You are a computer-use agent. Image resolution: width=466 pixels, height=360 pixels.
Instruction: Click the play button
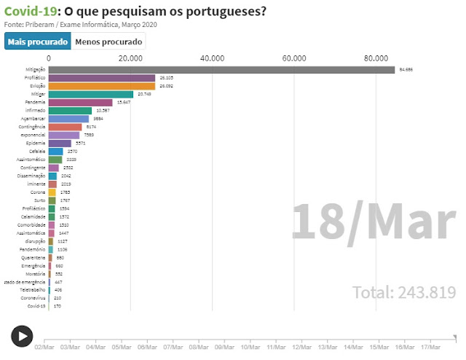point(22,336)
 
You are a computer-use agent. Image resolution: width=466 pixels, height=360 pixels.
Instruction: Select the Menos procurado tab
point(108,42)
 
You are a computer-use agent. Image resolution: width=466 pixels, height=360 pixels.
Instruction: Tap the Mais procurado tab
point(36,42)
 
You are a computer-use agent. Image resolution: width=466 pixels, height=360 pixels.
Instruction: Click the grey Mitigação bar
point(221,70)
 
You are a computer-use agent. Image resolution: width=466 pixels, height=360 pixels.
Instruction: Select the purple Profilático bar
point(102,78)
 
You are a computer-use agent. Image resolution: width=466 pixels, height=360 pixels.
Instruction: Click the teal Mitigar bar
point(91,94)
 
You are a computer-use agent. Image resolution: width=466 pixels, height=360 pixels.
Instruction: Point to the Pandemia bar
point(81,103)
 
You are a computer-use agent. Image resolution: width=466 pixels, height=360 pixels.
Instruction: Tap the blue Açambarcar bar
point(68,118)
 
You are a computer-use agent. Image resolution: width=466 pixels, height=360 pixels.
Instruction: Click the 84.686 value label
point(406,70)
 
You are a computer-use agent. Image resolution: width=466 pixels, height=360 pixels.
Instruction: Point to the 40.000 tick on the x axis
point(212,58)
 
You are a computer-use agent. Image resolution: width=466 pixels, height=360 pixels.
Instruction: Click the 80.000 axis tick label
point(376,58)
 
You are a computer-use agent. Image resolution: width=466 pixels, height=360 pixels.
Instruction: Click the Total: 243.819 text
point(404,293)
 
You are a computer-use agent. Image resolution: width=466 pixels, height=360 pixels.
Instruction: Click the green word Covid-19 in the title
point(30,12)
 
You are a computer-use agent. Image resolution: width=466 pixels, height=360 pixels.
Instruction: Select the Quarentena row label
point(34,257)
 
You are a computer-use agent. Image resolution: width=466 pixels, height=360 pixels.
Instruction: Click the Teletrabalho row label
point(33,289)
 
